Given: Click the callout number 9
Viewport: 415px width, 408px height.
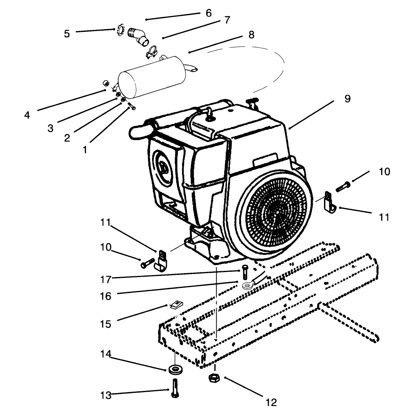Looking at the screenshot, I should click(x=347, y=99).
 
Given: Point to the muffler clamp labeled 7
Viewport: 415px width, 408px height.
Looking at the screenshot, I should click(x=153, y=51).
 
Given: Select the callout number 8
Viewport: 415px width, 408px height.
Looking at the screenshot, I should click(x=251, y=35).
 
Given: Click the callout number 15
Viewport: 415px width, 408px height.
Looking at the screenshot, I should click(x=105, y=323).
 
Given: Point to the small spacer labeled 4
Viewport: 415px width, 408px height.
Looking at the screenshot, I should click(x=105, y=83).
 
